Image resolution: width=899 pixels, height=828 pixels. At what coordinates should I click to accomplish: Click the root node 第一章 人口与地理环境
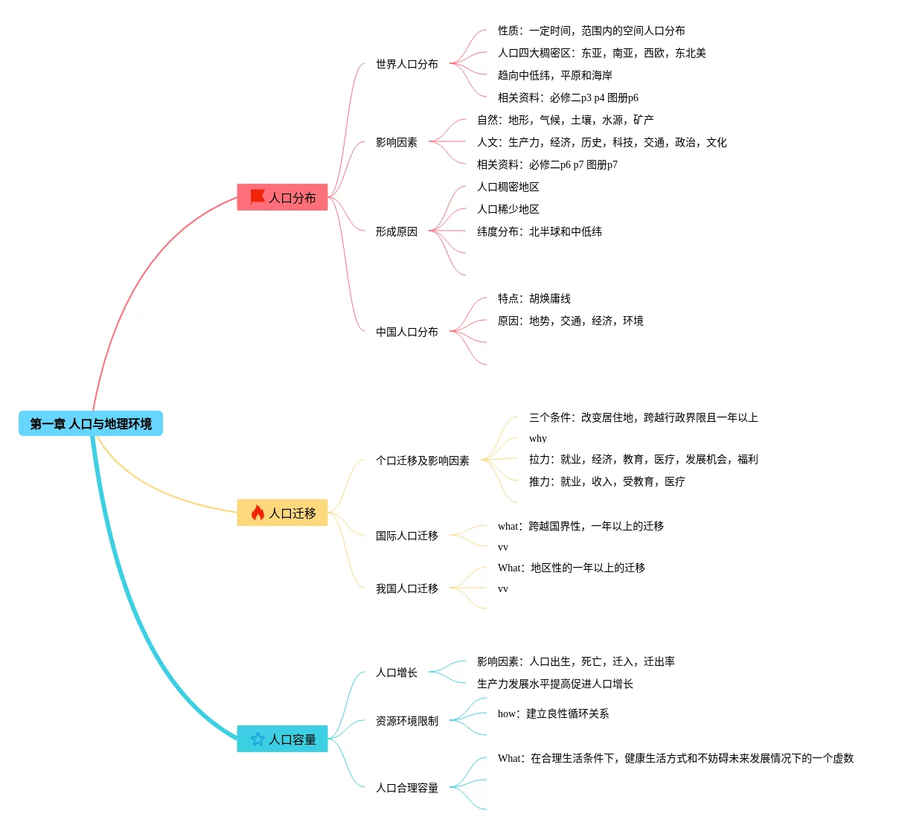(91, 424)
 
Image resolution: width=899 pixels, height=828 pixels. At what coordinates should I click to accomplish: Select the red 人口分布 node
(282, 197)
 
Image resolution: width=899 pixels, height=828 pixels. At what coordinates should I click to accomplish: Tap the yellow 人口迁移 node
(282, 513)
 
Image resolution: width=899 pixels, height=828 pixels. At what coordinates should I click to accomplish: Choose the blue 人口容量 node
(282, 739)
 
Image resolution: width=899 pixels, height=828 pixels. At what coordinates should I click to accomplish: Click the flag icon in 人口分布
(257, 196)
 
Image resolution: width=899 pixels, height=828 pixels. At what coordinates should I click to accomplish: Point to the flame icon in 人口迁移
(257, 513)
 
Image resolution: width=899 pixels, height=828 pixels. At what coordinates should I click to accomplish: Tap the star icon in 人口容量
(257, 739)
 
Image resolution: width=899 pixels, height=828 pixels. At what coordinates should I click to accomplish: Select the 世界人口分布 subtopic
(406, 64)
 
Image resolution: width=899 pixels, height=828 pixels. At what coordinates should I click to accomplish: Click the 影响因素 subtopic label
(396, 142)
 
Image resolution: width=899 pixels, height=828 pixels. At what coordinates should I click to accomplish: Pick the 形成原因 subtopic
(396, 231)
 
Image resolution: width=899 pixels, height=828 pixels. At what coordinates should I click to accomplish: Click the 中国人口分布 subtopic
(406, 332)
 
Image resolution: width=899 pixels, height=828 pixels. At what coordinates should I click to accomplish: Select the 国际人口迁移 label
(406, 536)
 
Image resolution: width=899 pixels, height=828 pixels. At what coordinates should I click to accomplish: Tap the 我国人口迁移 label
(406, 588)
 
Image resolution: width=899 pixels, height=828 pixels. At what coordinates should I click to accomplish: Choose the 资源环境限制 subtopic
(406, 721)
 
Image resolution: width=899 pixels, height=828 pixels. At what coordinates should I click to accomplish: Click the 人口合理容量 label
(406, 788)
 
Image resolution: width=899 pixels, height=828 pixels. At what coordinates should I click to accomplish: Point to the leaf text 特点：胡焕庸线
(534, 298)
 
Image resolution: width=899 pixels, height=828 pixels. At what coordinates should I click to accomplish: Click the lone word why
(537, 438)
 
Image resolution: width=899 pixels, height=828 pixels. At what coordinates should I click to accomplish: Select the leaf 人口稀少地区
(508, 209)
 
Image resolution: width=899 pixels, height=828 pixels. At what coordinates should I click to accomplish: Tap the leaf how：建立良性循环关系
(553, 713)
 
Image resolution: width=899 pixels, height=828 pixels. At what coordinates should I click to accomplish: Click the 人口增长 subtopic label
(396, 673)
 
